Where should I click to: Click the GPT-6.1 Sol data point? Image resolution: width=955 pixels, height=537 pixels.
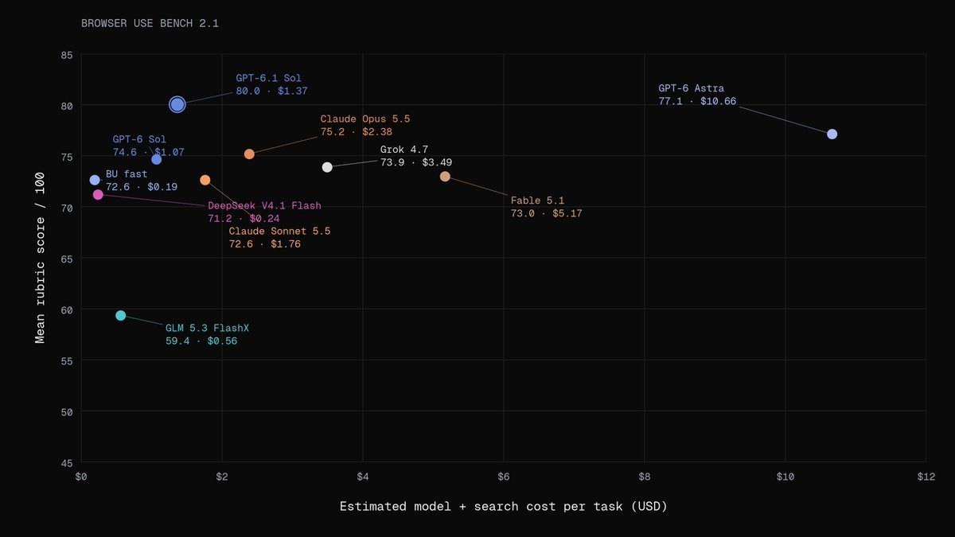(177, 104)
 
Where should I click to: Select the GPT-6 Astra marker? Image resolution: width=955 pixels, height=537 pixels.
(832, 134)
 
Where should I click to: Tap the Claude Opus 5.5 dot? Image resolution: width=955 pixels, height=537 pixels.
(249, 154)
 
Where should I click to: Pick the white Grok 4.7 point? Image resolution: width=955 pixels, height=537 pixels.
(327, 167)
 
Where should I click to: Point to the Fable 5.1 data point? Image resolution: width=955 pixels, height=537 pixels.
(445, 177)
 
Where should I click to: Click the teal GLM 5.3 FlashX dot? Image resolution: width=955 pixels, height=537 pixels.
(121, 315)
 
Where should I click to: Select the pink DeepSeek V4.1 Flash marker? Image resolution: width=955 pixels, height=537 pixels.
(98, 195)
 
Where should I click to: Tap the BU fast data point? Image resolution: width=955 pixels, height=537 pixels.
(95, 181)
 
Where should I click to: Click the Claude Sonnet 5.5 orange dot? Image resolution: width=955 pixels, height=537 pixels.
(205, 181)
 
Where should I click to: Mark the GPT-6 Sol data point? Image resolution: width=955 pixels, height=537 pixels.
(157, 160)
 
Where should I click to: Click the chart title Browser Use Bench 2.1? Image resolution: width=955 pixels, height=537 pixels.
(150, 23)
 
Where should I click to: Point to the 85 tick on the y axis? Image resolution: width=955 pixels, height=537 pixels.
(67, 56)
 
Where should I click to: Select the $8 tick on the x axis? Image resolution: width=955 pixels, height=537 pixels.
(644, 477)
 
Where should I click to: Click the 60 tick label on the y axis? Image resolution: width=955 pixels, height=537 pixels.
(67, 310)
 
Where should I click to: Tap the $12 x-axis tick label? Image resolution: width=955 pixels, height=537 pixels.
(926, 477)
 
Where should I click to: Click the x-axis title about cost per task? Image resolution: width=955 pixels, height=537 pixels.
(503, 506)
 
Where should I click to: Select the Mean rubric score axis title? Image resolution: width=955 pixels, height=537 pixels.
(40, 258)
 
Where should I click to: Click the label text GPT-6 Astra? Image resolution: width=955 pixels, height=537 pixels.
(691, 88)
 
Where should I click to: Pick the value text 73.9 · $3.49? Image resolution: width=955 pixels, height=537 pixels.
(416, 162)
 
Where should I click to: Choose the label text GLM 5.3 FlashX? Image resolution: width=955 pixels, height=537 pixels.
(207, 328)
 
